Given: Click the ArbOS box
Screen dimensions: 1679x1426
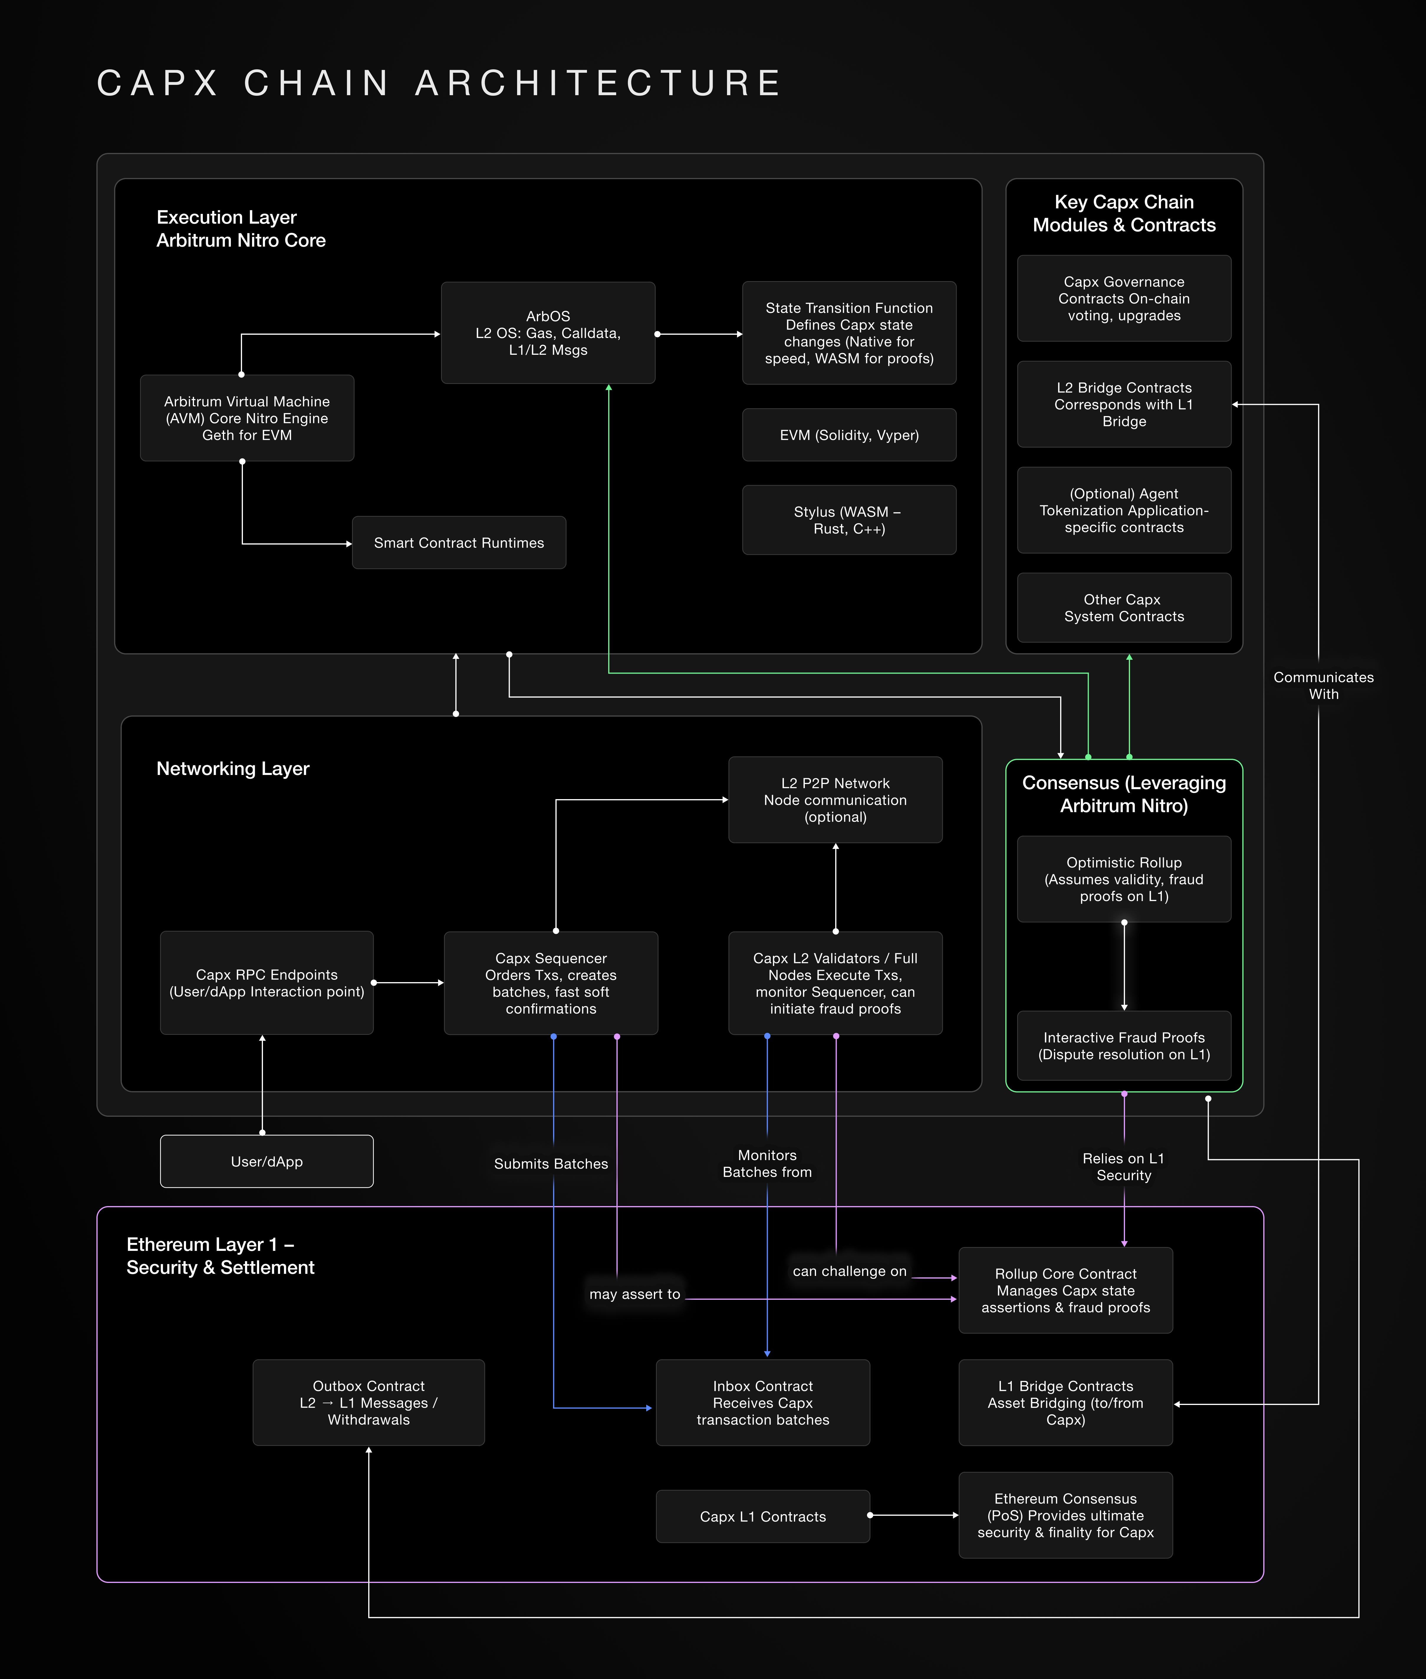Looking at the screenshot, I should [548, 333].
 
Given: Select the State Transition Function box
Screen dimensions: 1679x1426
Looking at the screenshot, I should [849, 333].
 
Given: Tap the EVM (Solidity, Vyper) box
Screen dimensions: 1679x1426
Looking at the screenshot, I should [849, 435].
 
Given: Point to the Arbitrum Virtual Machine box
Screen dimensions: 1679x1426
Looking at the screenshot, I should [246, 418].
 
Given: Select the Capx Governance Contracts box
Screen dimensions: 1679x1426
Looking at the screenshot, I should [1124, 298].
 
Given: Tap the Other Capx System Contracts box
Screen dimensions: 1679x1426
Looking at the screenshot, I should [1124, 608].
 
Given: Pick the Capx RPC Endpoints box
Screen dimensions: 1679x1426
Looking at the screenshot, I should [267, 983].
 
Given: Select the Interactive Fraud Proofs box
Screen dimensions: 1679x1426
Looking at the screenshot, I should [1124, 1045].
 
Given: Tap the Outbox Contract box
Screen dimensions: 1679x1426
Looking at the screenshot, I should [369, 1403].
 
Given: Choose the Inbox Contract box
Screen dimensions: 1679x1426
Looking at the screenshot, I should [762, 1403].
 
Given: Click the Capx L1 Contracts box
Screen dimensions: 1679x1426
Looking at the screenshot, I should [762, 1517].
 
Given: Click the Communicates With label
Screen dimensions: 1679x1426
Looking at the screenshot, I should [1323, 685].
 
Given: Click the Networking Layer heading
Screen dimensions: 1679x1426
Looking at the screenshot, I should [233, 768].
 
